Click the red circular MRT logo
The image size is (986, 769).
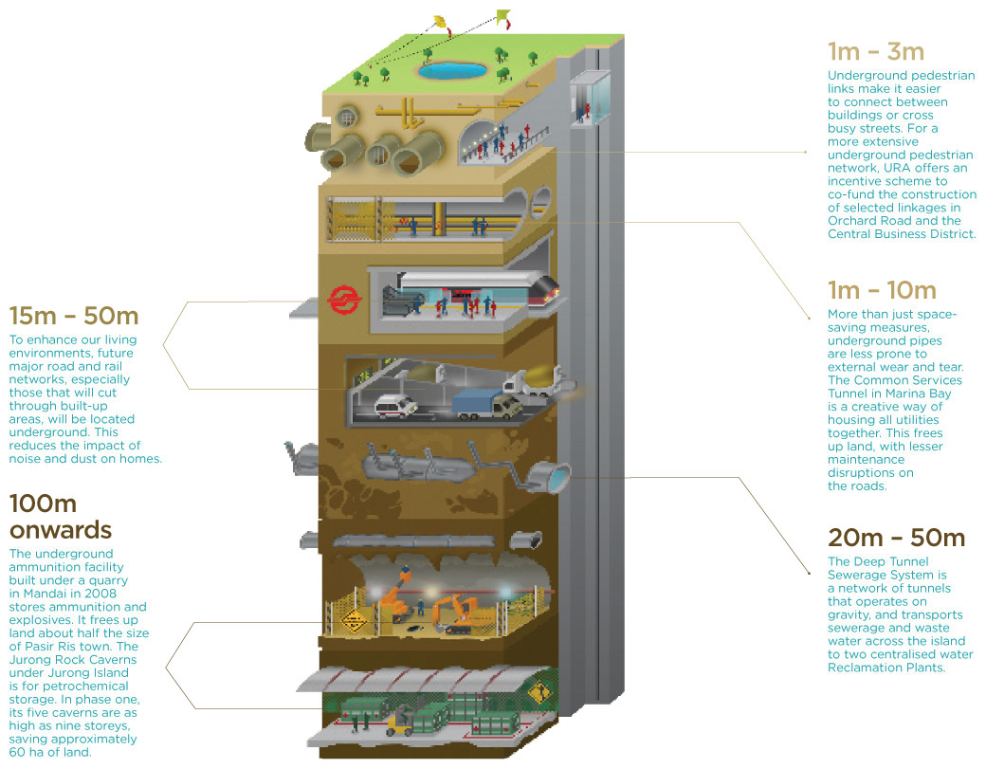(x=341, y=301)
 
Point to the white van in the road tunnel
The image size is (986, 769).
(x=396, y=405)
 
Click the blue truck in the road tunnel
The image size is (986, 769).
(x=478, y=403)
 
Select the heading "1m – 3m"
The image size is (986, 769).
(x=875, y=51)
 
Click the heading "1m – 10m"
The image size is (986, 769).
(x=881, y=290)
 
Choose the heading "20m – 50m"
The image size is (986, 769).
(x=896, y=539)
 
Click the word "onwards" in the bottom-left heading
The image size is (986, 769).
(x=61, y=528)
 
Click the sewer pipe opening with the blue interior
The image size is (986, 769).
(x=557, y=473)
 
